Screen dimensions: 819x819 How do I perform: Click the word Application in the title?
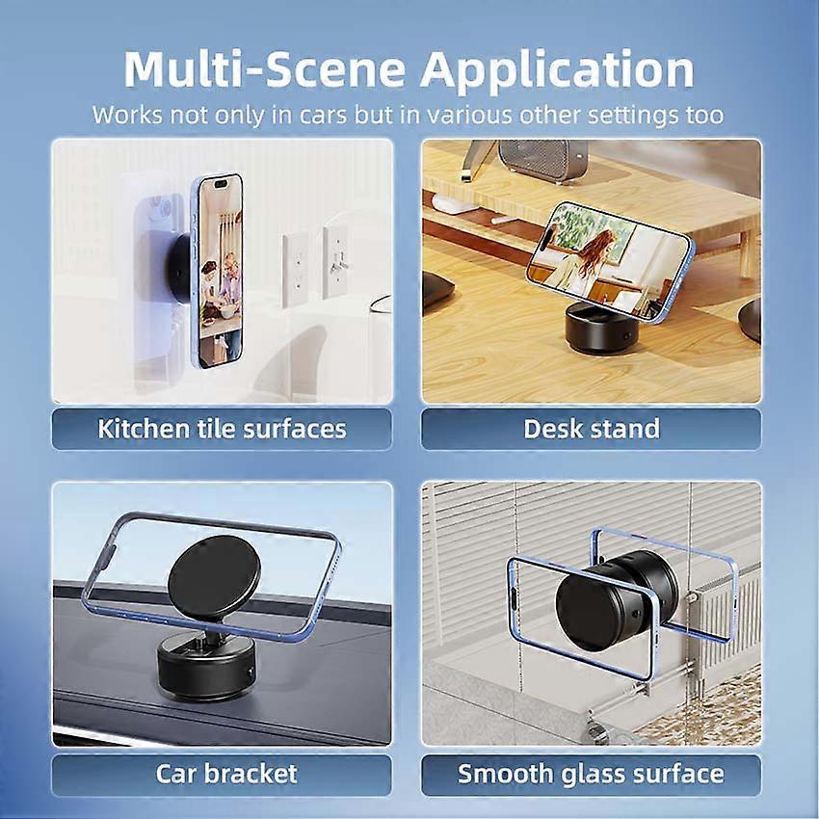557,69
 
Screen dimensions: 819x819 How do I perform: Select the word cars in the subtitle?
323,116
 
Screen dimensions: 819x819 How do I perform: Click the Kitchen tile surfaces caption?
222,429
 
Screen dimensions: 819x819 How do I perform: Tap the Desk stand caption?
592,429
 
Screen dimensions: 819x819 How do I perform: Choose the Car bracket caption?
226,774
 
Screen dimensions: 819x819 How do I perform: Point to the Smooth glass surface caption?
591,774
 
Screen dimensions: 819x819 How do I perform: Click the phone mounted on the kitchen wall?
219,271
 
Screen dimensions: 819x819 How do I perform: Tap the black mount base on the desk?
603,328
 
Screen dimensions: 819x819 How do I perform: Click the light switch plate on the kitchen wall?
335,263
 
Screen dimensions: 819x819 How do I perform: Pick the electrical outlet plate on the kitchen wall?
295,271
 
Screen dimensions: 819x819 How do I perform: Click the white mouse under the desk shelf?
451,204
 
